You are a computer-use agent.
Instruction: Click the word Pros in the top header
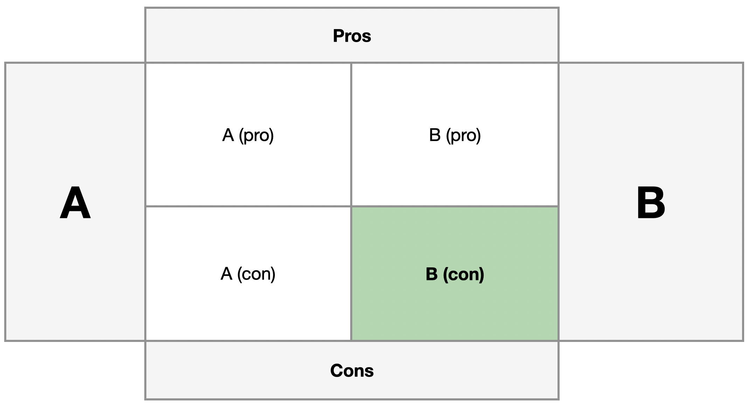[352, 36]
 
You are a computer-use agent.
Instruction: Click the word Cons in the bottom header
[352, 371]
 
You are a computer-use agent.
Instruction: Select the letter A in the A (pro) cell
[228, 135]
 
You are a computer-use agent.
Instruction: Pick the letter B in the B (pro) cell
[435, 135]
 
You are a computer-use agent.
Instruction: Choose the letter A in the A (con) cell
[226, 274]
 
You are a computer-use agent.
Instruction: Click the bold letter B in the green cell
[432, 274]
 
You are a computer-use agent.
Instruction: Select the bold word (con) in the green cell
[463, 274]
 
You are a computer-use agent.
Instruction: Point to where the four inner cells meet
[351, 206]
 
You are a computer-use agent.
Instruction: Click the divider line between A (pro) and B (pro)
[351, 135]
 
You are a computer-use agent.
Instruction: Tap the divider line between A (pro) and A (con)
[248, 206]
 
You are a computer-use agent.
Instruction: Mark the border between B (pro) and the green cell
[455, 206]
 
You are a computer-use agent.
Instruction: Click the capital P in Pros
[338, 36]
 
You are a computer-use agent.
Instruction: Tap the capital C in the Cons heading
[336, 371]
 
